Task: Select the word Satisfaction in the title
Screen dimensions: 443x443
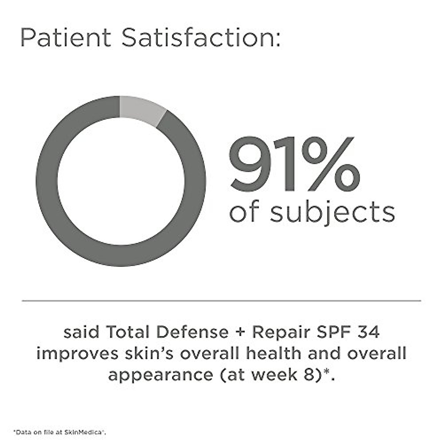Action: click(x=201, y=38)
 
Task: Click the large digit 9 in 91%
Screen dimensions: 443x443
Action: click(x=251, y=164)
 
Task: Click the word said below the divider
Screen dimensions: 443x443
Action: click(x=82, y=332)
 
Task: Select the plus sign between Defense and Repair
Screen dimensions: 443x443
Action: click(x=240, y=333)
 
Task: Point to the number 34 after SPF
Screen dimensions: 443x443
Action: click(x=368, y=332)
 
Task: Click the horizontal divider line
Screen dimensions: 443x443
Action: click(x=221, y=301)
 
